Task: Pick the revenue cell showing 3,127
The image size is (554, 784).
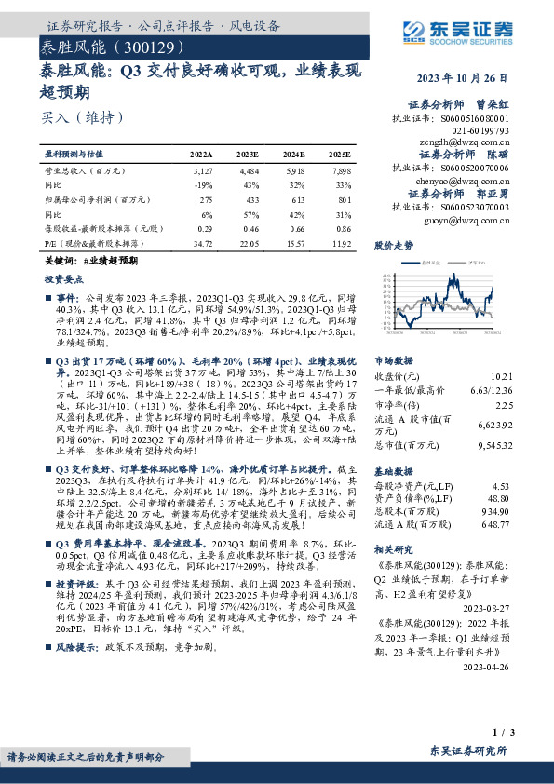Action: point(202,171)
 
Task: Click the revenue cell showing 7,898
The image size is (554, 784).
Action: point(341,171)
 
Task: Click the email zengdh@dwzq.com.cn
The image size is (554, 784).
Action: point(472,143)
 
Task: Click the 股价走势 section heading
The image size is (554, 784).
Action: point(393,246)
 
